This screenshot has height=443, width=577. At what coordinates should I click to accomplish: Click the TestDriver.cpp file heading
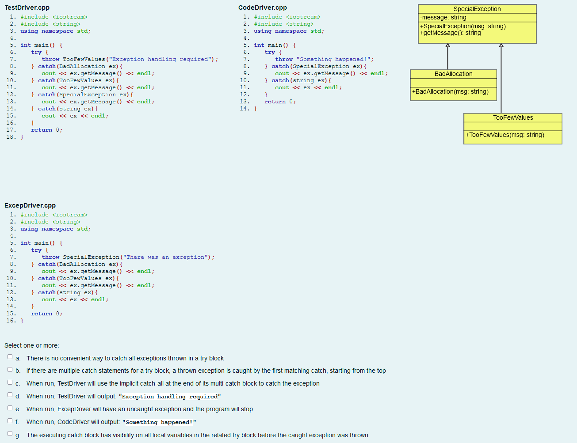[27, 8]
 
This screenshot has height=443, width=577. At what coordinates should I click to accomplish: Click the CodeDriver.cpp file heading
[262, 8]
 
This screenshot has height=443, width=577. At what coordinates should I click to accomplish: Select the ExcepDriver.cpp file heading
[30, 205]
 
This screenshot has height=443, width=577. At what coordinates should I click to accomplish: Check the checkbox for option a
[10, 357]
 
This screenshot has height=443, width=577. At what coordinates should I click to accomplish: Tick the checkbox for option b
[10, 370]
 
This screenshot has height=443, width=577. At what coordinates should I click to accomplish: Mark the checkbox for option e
[10, 408]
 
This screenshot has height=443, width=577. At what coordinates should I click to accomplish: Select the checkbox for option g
[10, 434]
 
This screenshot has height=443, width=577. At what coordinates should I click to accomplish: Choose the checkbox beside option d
[10, 395]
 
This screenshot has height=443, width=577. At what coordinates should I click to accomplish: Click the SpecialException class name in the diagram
[477, 9]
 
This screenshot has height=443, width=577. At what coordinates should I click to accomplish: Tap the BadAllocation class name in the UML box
[453, 74]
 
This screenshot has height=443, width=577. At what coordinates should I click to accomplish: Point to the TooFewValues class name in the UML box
[513, 117]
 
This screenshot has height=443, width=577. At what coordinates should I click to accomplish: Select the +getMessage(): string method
[450, 33]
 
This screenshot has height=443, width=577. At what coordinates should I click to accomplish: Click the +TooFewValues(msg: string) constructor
[504, 135]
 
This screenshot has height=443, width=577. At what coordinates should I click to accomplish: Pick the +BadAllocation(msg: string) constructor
[450, 91]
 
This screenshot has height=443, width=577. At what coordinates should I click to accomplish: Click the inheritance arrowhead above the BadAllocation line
[447, 45]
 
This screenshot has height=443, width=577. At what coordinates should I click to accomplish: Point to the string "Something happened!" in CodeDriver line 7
[335, 59]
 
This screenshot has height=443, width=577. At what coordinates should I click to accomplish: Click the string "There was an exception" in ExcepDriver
[166, 257]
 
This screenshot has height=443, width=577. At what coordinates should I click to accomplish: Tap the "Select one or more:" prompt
[31, 345]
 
